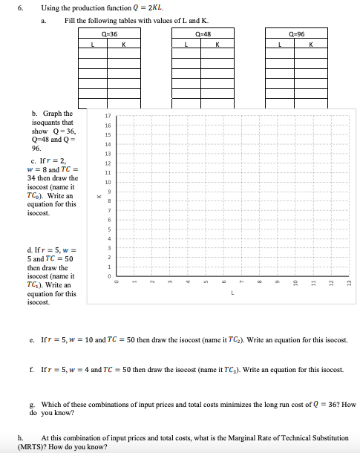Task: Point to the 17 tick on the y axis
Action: click(x=108, y=116)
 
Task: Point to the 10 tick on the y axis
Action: click(x=108, y=181)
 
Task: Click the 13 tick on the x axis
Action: click(x=348, y=284)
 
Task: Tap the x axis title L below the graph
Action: click(x=232, y=294)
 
